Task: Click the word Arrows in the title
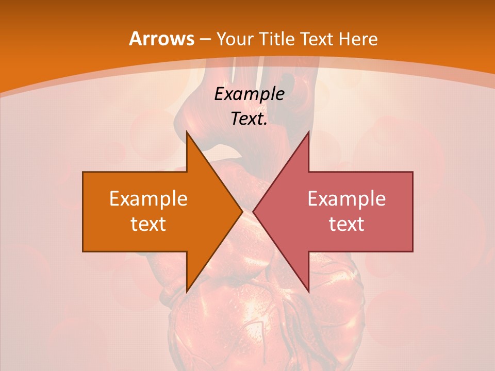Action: coord(160,39)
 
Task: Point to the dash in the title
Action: coord(204,39)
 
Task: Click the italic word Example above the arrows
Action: coord(249,94)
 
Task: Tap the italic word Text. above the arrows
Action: coord(249,119)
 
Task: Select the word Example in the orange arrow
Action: coord(148,199)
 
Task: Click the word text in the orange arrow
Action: coord(148,224)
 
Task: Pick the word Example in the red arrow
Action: coord(346,199)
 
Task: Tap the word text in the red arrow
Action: coord(346,224)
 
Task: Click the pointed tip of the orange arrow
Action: coord(243,212)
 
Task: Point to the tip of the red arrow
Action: coord(253,212)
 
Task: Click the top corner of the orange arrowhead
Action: coord(187,131)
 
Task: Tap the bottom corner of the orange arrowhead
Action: coord(187,292)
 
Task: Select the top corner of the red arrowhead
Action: coord(309,131)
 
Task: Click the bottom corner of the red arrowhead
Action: coord(309,292)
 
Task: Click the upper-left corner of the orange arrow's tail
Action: coord(83,172)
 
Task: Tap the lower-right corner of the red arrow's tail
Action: coord(412,251)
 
